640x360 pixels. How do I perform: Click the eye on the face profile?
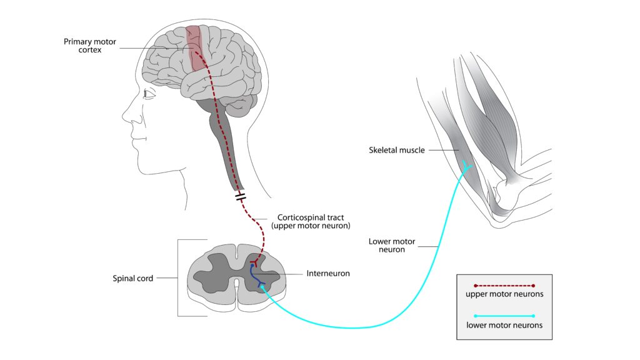147,94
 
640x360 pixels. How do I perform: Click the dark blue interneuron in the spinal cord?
255,275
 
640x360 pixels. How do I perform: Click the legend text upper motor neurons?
504,294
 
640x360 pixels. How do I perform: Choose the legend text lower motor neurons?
504,325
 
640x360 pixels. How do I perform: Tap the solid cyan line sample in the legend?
504,316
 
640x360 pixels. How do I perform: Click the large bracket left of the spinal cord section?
179,278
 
